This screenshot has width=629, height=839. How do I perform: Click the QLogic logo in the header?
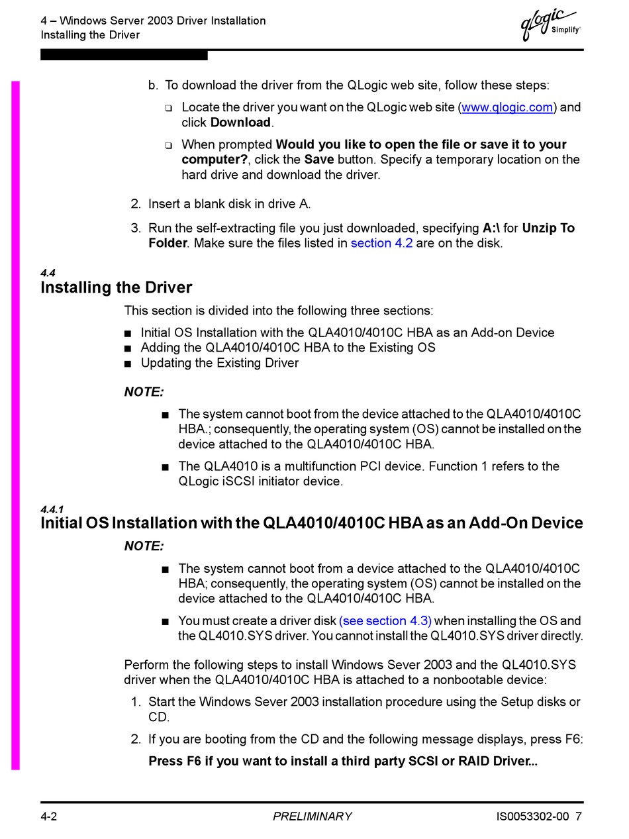coord(549,25)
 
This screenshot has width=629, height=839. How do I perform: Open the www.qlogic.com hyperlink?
coord(507,107)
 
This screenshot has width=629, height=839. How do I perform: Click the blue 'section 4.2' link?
coord(381,243)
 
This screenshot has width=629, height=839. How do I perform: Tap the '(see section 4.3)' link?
coord(385,620)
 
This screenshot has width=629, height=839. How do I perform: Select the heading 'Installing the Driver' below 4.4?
coord(116,287)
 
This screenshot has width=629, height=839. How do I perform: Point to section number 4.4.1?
coord(52,509)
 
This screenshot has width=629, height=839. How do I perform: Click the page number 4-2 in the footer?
coord(49,816)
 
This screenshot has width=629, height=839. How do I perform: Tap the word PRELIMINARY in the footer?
coord(312,816)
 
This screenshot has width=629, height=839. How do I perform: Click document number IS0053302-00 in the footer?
coord(532,816)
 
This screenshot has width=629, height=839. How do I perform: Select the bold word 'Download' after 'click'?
coord(240,123)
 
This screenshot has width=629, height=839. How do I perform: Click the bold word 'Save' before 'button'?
coord(319,160)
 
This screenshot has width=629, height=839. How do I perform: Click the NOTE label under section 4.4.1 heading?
coord(144,546)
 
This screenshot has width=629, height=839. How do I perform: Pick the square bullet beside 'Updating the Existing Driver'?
coord(128,364)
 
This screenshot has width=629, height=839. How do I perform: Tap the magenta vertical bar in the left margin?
coord(15,424)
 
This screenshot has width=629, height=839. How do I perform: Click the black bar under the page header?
coord(124,56)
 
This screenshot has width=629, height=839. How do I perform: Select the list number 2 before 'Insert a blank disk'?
coord(136,204)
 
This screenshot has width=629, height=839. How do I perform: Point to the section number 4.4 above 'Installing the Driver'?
coord(48,273)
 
